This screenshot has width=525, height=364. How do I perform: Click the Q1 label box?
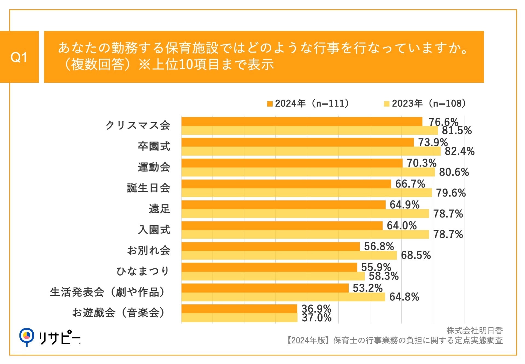19,57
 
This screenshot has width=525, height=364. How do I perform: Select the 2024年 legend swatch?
270,104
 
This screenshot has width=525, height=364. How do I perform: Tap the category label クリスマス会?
138,125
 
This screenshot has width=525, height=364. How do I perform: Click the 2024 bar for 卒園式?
297,142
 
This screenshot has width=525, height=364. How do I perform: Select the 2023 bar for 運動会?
308,172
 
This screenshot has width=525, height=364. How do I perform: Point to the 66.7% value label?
410,184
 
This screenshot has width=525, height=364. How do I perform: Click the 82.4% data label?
460,151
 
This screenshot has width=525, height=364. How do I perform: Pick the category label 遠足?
159,209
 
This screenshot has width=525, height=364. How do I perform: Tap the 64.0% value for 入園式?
402,226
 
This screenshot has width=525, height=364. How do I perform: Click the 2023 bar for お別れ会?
289,255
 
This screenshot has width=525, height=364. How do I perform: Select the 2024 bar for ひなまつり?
269,267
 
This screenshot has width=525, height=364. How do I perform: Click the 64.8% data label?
404,297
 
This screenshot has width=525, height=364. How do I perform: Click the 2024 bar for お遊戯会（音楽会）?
239,309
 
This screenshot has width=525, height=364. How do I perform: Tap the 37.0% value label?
317,318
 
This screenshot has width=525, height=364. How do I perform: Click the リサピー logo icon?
27,337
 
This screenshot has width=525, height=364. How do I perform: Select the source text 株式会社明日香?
475,331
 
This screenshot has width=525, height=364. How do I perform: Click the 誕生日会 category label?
148,188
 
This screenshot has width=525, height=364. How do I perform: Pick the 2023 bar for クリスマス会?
310,130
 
